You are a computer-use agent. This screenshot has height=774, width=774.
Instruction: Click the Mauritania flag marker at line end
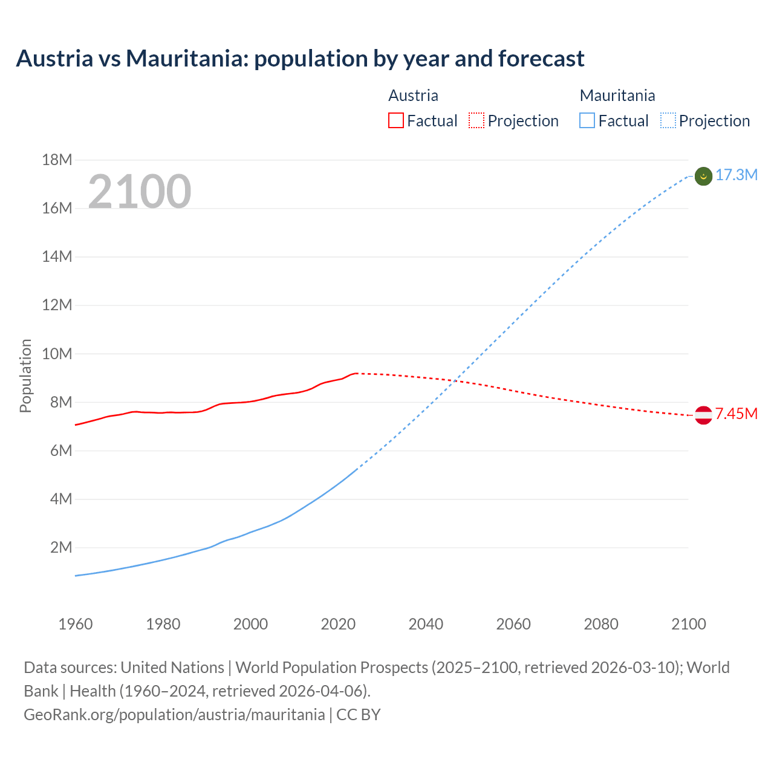703,176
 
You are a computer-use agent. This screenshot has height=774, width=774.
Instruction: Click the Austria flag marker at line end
703,415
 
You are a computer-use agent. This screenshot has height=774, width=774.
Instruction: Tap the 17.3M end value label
736,175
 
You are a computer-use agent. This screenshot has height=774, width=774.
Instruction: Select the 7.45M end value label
736,414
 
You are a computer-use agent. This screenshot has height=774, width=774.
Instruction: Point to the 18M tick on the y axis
57,160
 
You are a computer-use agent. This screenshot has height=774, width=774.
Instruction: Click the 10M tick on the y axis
57,354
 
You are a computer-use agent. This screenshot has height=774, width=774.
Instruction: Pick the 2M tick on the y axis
60,548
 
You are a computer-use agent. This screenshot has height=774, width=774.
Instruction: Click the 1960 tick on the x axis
76,624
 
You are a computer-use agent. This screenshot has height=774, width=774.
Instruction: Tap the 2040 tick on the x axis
426,624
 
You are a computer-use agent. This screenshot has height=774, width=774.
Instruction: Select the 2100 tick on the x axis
688,624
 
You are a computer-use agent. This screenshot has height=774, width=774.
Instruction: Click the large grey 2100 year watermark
140,192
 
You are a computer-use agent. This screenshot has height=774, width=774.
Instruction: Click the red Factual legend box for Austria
396,121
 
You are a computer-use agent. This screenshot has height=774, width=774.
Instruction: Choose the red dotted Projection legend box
476,121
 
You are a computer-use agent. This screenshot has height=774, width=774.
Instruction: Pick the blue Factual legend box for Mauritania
587,121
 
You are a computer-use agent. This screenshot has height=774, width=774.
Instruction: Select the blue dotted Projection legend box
668,121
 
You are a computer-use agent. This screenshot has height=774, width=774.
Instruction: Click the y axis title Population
25,376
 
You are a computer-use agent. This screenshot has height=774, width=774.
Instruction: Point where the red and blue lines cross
454,381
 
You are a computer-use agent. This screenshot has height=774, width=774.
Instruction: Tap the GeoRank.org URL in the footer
174,715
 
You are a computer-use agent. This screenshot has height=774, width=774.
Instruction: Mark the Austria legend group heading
413,96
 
